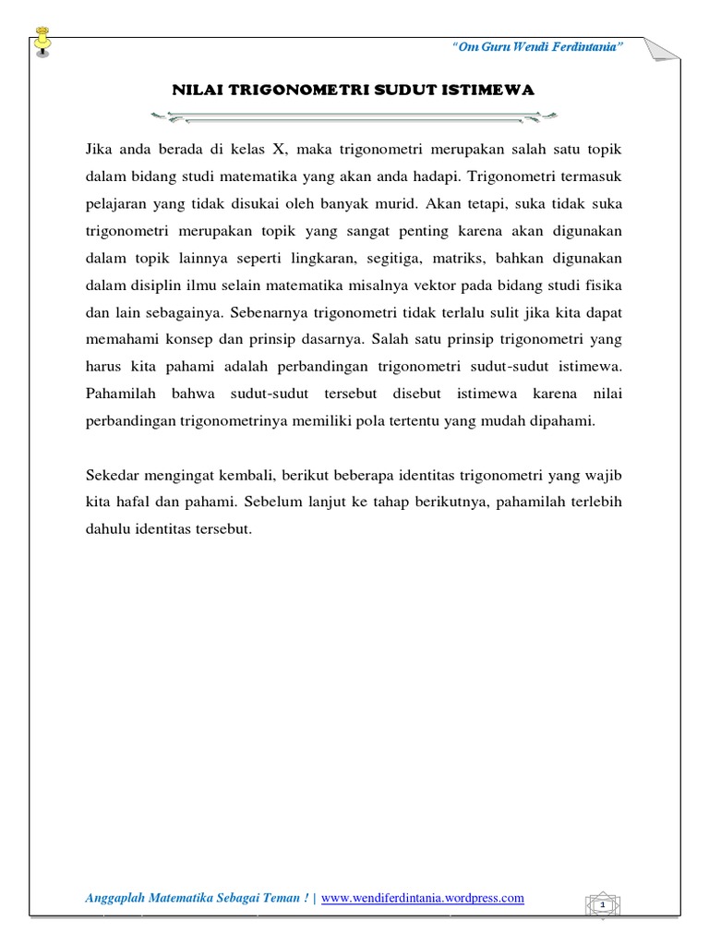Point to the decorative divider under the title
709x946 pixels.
[x=354, y=115]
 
